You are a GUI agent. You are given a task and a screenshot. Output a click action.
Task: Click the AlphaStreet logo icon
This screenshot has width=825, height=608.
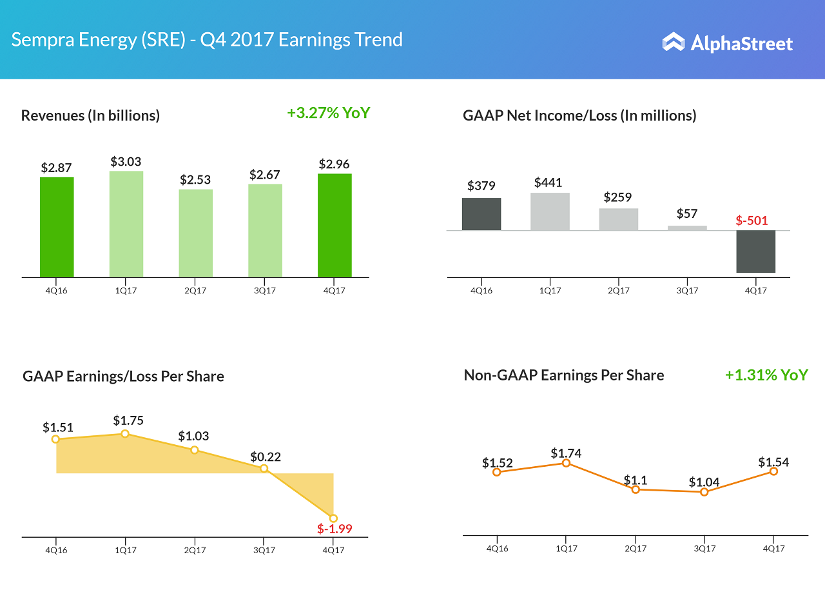(x=673, y=42)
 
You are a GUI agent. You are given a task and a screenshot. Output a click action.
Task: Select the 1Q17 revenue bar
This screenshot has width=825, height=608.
(x=126, y=224)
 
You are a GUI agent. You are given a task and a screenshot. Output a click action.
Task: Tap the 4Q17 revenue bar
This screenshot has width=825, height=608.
(x=335, y=225)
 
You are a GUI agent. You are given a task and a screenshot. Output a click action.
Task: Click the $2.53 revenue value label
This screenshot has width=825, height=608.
(x=195, y=179)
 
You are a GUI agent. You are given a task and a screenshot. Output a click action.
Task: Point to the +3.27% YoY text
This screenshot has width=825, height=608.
(x=329, y=113)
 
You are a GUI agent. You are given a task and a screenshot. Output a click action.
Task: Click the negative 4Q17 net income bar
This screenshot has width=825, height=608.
(x=756, y=251)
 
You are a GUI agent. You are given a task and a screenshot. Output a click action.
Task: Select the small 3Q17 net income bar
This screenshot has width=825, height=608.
(x=687, y=228)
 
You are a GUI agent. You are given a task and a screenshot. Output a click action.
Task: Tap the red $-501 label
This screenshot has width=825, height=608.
(x=752, y=221)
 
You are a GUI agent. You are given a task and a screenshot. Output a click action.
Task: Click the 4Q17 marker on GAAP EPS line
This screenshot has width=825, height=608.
(x=333, y=518)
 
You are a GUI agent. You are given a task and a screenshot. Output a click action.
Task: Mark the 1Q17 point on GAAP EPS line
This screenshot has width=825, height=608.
(x=125, y=434)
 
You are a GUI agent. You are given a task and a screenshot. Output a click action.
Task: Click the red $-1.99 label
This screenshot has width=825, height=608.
(x=335, y=529)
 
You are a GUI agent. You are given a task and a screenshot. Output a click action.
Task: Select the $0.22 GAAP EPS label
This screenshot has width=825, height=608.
(x=266, y=457)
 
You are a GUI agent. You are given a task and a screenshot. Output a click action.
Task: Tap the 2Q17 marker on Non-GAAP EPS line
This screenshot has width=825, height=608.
(x=636, y=489)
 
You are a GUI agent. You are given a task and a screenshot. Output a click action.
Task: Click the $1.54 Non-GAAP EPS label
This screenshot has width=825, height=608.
(x=773, y=462)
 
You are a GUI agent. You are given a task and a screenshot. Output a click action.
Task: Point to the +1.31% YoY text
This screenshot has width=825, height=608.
(x=766, y=375)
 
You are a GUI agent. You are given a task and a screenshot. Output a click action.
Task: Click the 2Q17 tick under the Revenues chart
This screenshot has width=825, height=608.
(x=195, y=291)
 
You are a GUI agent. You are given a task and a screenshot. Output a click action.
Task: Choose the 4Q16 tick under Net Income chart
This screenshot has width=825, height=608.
(x=481, y=291)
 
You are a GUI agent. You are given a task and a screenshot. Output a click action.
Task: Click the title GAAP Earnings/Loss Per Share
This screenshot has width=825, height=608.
(x=123, y=377)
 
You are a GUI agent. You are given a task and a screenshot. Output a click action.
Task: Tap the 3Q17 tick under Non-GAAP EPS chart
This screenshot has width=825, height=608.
(x=704, y=549)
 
